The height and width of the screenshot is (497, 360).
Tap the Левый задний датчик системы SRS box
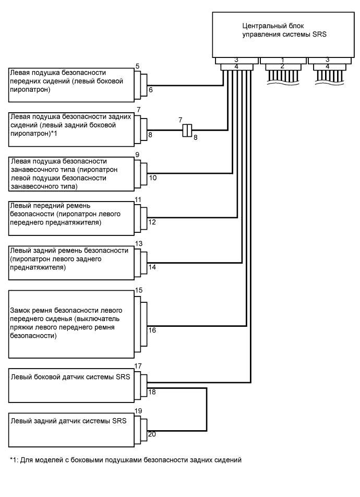coord(70,425)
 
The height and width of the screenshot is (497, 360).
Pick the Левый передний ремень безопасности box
coord(70,215)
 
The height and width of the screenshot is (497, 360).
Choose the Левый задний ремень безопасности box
coord(70,259)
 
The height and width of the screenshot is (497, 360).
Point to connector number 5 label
coord(137,66)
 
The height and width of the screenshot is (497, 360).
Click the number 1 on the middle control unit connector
coord(282,61)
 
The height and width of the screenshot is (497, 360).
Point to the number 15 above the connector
coord(138,290)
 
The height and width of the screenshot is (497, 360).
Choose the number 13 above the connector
coord(138,244)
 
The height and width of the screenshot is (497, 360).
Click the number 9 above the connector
coord(137,155)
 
